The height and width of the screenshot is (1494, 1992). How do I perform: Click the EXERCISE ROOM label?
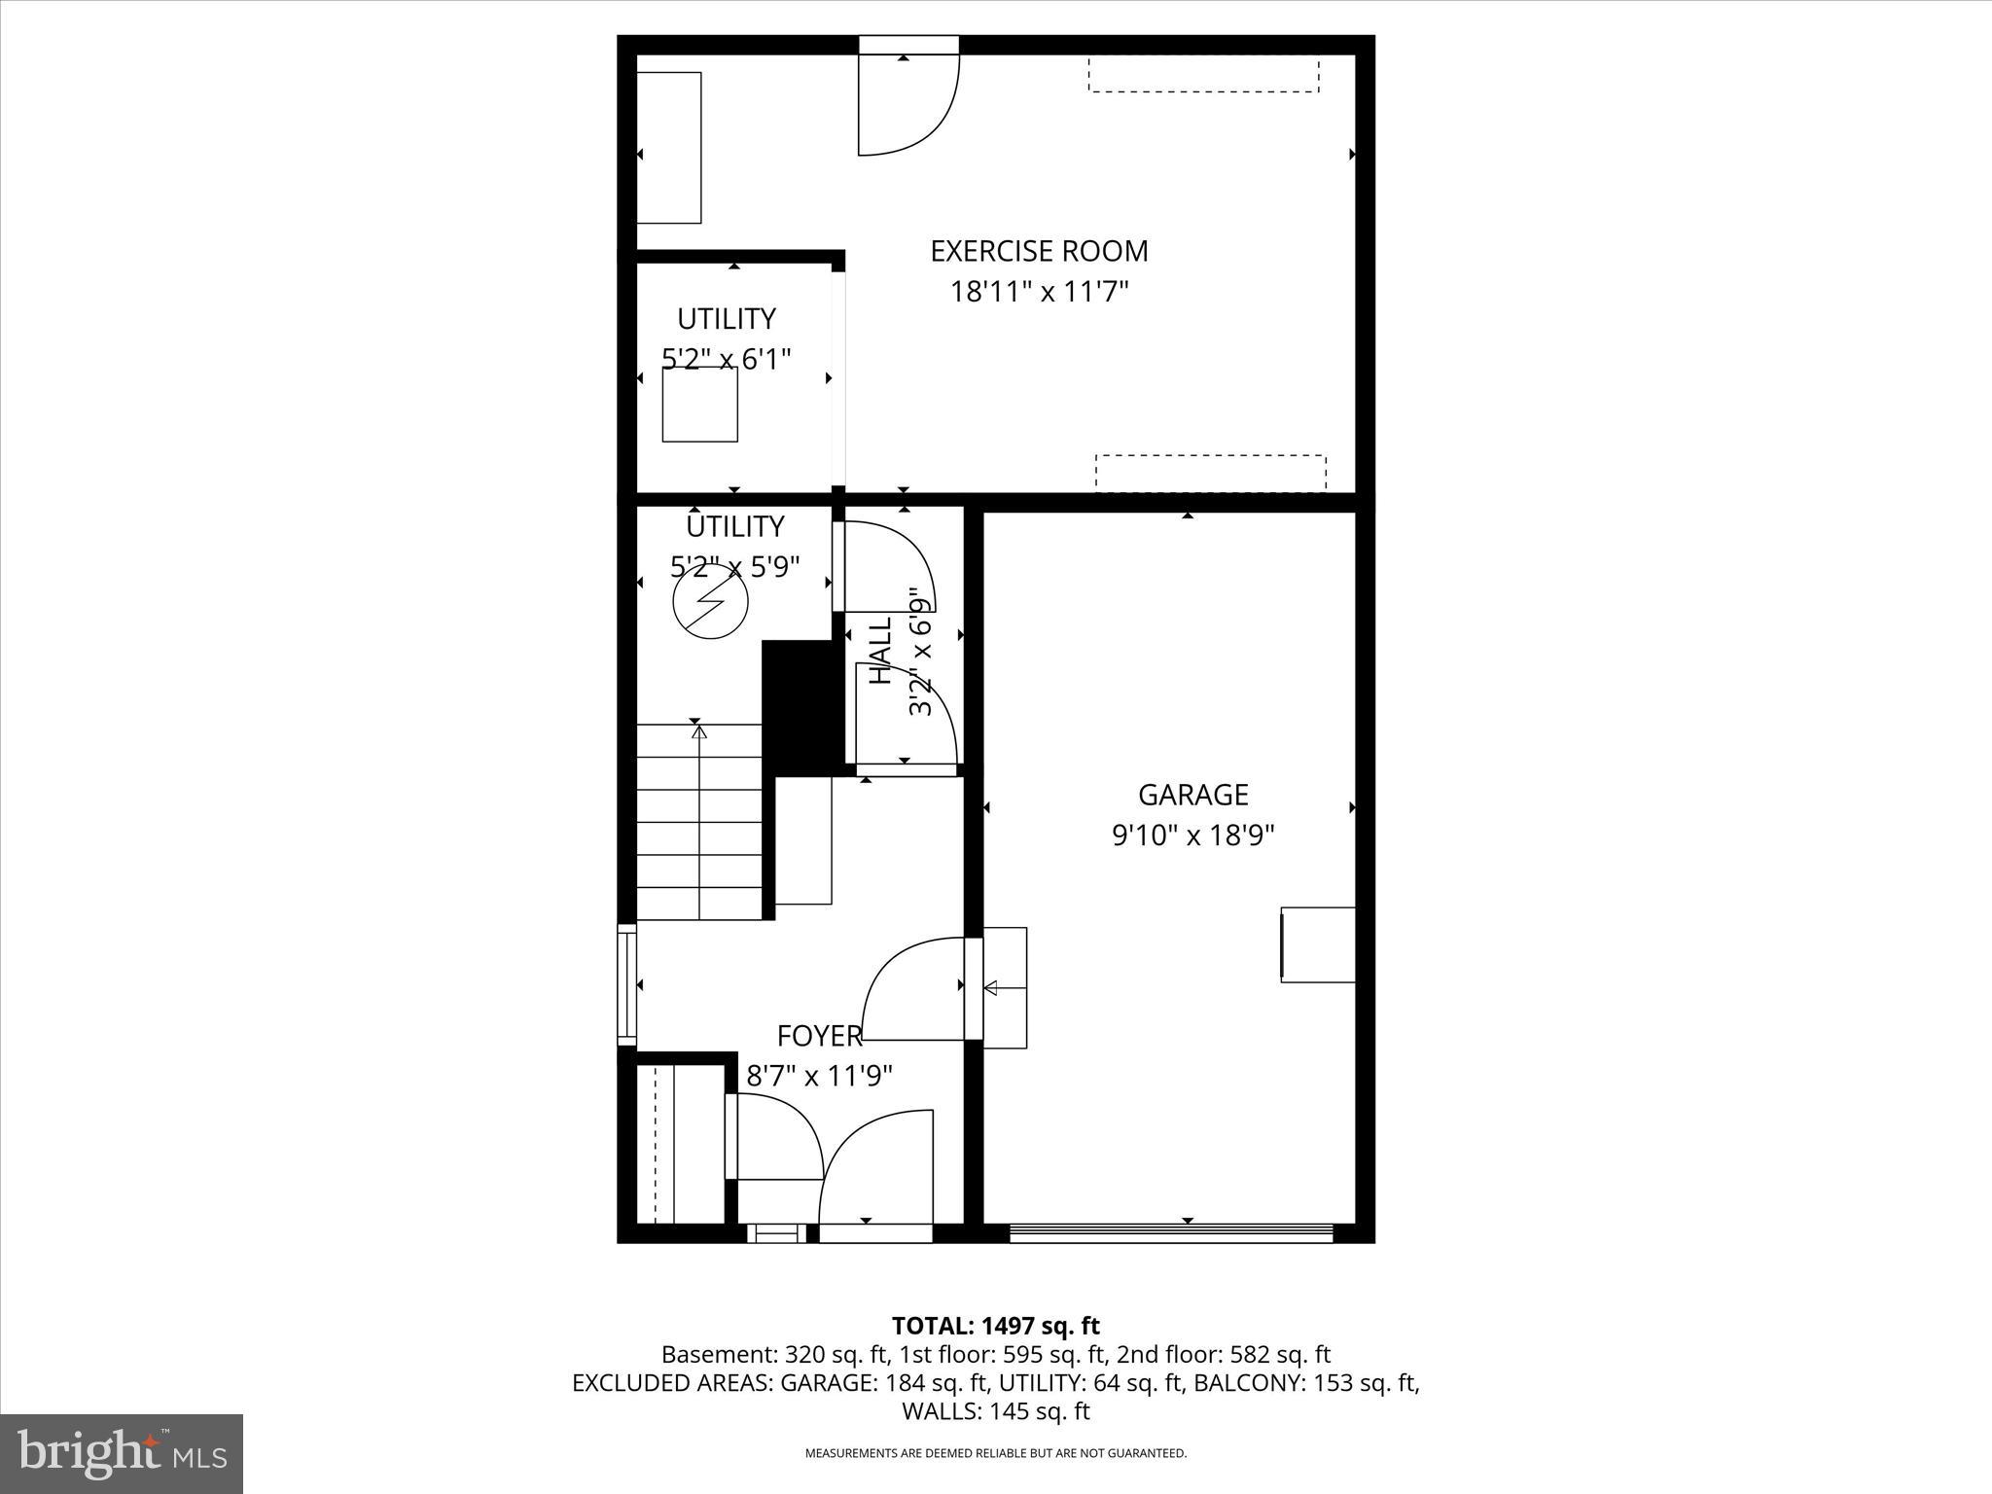[1039, 251]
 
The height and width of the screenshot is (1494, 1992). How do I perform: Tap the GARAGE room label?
[1192, 795]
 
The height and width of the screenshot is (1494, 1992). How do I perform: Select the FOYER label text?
[819, 1036]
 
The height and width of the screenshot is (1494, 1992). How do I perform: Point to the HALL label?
[880, 650]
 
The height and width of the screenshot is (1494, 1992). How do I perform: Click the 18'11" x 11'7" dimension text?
[1039, 291]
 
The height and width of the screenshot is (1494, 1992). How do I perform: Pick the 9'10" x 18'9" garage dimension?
[1192, 835]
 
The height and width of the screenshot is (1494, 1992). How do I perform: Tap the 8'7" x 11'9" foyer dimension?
[819, 1076]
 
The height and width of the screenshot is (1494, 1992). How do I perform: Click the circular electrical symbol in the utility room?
[711, 602]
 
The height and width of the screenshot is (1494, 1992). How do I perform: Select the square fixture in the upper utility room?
[700, 404]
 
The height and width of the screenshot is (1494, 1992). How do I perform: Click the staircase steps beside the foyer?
[699, 822]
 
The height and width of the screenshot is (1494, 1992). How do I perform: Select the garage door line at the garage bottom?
[1170, 1233]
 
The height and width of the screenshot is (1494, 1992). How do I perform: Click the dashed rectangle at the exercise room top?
[1203, 75]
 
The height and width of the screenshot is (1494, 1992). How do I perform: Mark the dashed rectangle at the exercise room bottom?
[1210, 473]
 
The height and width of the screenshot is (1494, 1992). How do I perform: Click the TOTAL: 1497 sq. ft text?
[995, 1326]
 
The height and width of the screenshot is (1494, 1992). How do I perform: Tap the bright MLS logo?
[122, 1453]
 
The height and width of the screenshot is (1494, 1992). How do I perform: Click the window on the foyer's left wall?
[627, 985]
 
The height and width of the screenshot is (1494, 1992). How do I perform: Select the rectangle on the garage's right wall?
[1318, 944]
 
